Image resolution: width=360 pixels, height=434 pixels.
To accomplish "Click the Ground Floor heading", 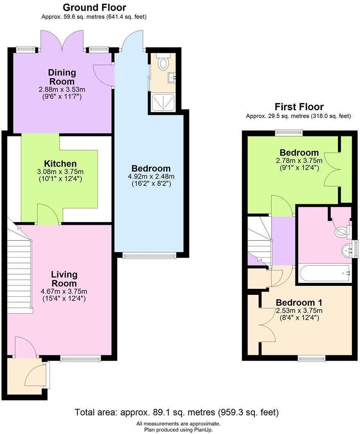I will pyautogui.click(x=94, y=7).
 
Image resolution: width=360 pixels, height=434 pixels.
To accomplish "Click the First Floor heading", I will pyautogui.click(x=299, y=107).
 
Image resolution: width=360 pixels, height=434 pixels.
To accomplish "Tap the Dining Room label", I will pyautogui.click(x=62, y=77).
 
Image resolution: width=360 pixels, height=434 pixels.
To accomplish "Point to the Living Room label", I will pyautogui.click(x=64, y=279).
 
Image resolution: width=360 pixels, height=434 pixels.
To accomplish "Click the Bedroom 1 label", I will pyautogui.click(x=299, y=303).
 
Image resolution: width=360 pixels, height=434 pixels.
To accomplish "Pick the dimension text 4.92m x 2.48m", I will pyautogui.click(x=151, y=176).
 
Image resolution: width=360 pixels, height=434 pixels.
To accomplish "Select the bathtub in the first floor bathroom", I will pyautogui.click(x=324, y=273).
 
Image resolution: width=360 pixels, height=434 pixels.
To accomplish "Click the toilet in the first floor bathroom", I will pyautogui.click(x=341, y=232).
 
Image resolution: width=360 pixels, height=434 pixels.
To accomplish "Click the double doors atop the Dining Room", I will pyautogui.click(x=62, y=41).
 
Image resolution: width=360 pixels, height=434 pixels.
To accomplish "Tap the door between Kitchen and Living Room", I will pyautogui.click(x=48, y=215).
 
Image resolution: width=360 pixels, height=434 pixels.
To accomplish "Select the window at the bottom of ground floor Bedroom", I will pyautogui.click(x=149, y=256).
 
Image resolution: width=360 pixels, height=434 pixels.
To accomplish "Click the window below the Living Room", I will pyautogui.click(x=80, y=359).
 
